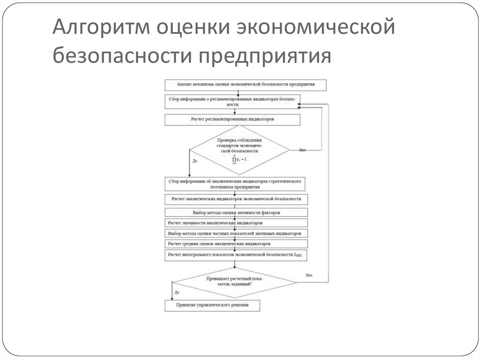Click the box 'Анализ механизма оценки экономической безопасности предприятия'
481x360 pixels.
coord(245,85)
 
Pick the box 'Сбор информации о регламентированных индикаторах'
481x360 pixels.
coord(233,102)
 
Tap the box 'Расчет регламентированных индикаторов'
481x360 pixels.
coord(233,120)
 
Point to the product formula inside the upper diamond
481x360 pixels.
coord(239,161)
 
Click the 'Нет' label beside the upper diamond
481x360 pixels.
coord(302,150)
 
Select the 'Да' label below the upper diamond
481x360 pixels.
coord(194,161)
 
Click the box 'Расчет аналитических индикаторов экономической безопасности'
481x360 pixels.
coord(236,199)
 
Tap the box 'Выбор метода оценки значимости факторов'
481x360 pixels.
coord(236,213)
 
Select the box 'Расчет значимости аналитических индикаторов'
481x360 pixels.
coord(236,222)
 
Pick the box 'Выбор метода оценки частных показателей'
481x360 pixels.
coord(236,233)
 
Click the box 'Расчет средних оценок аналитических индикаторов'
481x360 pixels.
coord(236,244)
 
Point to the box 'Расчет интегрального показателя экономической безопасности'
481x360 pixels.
coord(236,255)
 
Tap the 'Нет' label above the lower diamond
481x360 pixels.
coord(309,275)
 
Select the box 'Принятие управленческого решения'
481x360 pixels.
coord(212,306)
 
